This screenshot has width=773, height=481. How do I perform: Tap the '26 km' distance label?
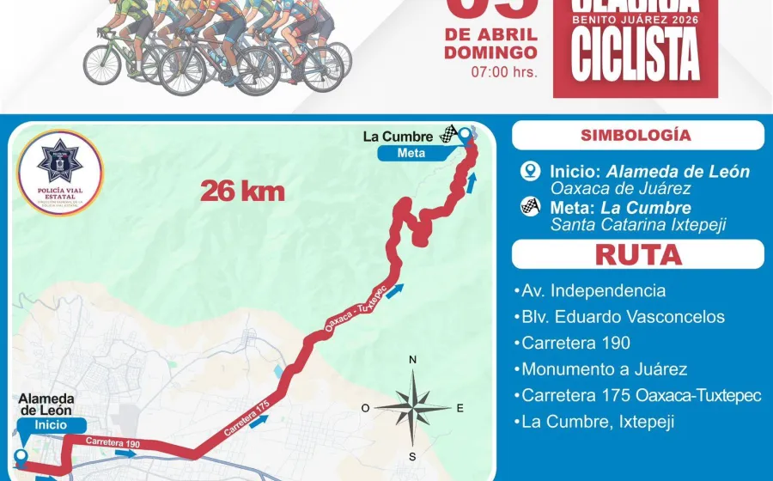242,191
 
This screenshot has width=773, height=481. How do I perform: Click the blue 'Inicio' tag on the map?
50,424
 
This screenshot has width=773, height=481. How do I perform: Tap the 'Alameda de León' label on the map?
46,405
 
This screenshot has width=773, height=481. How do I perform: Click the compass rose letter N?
412,360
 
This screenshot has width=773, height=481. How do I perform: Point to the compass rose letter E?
460,408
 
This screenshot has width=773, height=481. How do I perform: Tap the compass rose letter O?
365,408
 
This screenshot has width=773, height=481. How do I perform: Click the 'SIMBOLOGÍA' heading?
636,135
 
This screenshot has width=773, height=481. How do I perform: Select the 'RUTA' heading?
638,254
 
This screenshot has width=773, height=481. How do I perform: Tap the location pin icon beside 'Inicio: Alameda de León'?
530,172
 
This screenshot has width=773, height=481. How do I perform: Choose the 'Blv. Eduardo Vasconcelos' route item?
623,317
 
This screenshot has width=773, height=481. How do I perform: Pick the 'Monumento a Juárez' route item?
604,369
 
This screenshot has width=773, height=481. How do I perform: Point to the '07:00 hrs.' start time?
504,71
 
